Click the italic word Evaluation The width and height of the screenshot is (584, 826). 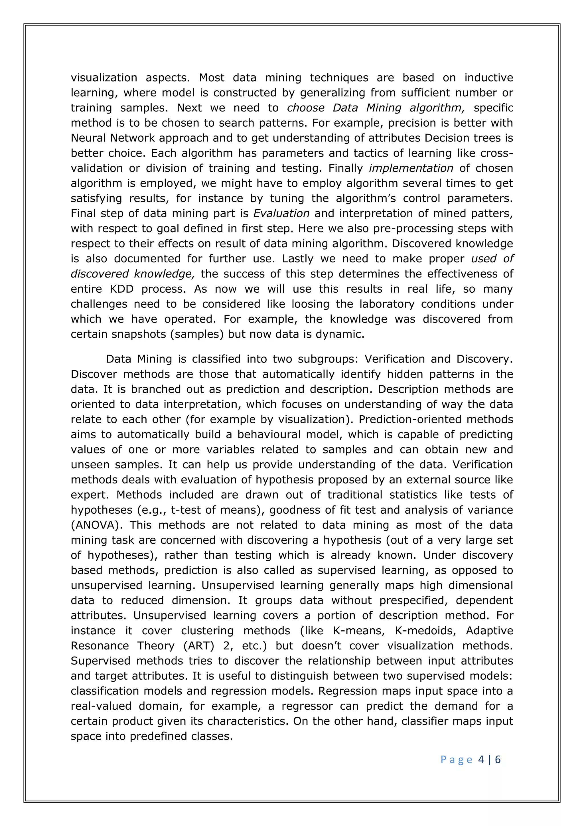point(281,213)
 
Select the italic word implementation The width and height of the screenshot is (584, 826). point(411,168)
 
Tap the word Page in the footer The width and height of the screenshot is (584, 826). point(456,760)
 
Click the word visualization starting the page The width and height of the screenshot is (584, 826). point(104,77)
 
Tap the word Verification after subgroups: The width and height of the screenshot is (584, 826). point(397,359)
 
